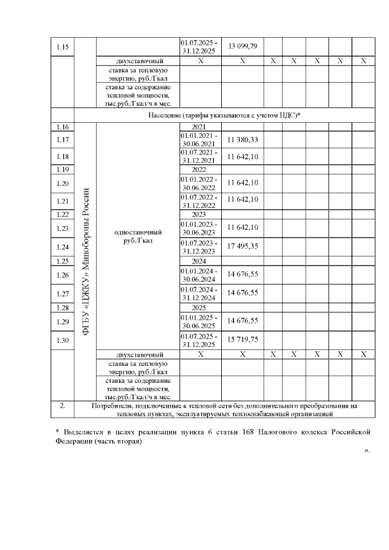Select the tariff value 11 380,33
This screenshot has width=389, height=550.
[243, 140]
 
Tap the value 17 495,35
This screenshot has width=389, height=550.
[243, 247]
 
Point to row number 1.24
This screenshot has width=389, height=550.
[63, 247]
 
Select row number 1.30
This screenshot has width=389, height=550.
[63, 341]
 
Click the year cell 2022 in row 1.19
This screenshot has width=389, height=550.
[201, 170]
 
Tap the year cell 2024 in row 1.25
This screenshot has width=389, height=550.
[201, 261]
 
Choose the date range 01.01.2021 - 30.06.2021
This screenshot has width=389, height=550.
[201, 140]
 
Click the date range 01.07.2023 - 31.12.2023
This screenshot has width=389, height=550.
[201, 247]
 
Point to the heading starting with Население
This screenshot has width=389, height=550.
[225, 115]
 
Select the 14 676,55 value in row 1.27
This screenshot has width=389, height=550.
[243, 293]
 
